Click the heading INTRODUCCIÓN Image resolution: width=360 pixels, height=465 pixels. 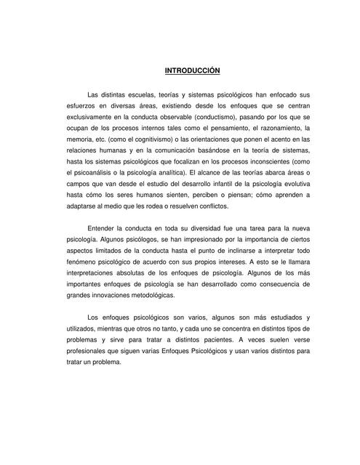point(192,70)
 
